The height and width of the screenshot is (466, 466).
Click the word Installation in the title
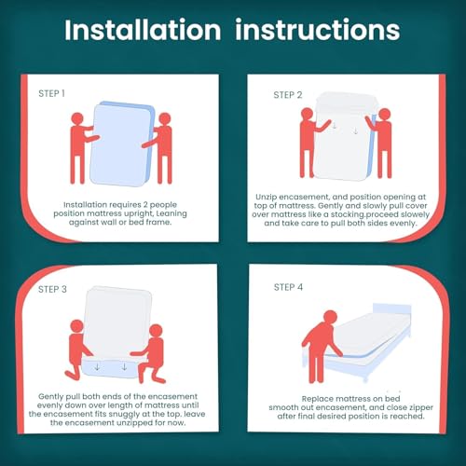click(143, 30)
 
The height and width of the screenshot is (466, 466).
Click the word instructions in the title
click(317, 30)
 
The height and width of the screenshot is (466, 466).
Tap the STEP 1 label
click(51, 93)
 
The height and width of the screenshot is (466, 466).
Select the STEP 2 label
click(288, 95)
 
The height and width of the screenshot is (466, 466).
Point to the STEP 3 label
click(52, 289)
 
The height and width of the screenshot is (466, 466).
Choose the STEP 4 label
click(288, 287)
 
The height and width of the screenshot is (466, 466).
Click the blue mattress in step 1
click(122, 144)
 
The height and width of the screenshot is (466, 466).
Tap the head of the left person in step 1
click(77, 118)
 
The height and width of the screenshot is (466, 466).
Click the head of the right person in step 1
click(165, 118)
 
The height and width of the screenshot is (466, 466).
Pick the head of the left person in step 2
click(307, 114)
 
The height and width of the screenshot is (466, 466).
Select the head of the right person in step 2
click(385, 115)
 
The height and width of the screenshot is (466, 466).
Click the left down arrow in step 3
click(97, 367)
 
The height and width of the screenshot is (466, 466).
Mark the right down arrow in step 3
click(124, 367)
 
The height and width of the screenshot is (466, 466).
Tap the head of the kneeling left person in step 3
click(76, 326)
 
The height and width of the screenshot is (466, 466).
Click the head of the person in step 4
click(330, 318)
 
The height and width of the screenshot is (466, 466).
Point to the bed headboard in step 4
click(392, 309)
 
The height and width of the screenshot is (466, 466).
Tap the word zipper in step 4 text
click(421, 407)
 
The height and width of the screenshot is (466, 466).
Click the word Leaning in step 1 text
click(171, 213)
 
